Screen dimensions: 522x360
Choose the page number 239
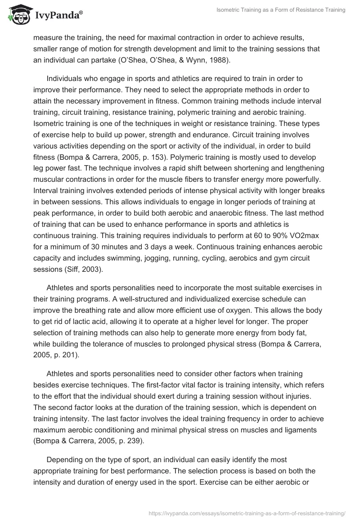(x=133, y=440)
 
